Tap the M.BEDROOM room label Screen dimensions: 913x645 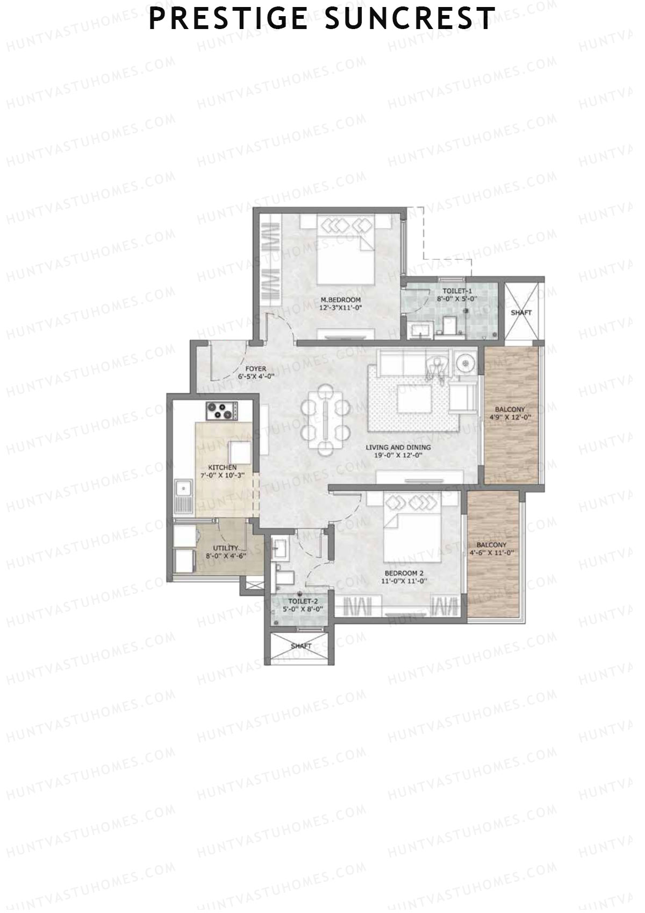340,300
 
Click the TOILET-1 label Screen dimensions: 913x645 457,291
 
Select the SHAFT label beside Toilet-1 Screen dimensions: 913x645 521,313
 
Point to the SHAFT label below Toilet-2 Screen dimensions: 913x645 300,646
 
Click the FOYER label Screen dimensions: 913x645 255,369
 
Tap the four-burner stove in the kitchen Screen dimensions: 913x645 221,412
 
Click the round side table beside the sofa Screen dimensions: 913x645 464,365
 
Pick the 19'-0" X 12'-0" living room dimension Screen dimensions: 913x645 398,455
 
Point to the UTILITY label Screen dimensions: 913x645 225,548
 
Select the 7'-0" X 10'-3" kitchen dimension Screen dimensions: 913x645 222,476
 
